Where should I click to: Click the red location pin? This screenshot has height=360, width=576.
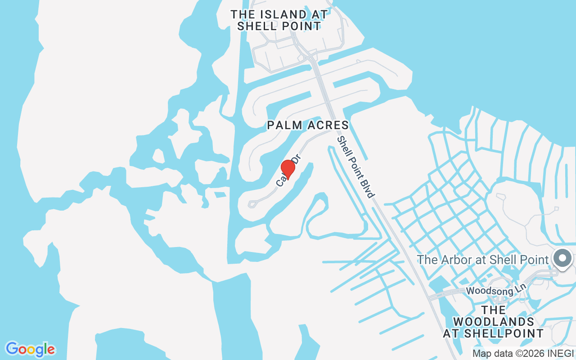(x=288, y=169)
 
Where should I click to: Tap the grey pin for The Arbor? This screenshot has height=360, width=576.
(x=562, y=259)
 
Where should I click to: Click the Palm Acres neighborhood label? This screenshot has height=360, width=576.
(x=308, y=125)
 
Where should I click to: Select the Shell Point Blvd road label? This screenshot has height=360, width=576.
(x=356, y=167)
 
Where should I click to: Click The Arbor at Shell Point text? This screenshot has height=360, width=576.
(x=483, y=260)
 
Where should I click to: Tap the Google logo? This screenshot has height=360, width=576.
(x=30, y=349)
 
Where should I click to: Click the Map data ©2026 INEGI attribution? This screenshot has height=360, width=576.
(x=523, y=353)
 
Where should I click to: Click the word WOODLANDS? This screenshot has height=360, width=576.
(x=494, y=322)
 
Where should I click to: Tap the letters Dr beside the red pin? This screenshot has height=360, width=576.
(x=296, y=161)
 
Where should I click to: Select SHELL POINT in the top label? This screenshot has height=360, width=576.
(x=279, y=26)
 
